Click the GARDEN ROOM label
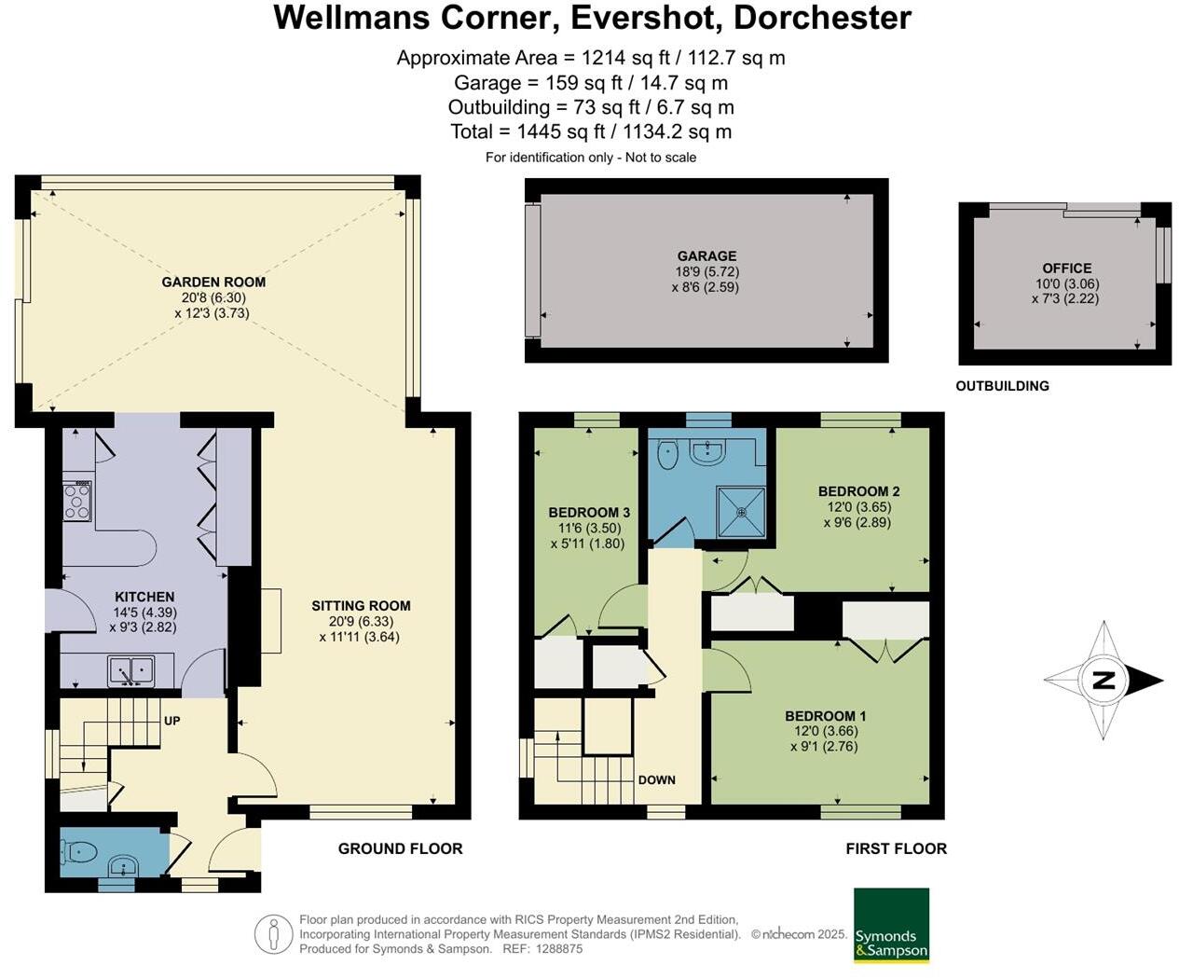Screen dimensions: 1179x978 click(x=213, y=282)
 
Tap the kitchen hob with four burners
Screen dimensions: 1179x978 click(x=77, y=501)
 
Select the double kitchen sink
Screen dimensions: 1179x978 click(x=131, y=671)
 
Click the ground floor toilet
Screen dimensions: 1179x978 click(x=78, y=849)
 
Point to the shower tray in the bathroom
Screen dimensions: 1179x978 click(x=741, y=511)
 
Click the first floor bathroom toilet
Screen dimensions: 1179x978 click(x=667, y=454)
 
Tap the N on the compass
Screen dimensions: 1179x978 click(x=1104, y=681)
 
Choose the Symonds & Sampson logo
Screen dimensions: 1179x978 click(x=892, y=925)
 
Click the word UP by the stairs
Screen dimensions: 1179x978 click(x=171, y=721)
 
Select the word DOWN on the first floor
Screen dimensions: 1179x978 click(x=657, y=779)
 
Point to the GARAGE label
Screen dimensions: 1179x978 click(x=707, y=256)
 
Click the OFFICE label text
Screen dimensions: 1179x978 click(x=1066, y=268)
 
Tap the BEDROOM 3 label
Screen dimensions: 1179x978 click(x=589, y=513)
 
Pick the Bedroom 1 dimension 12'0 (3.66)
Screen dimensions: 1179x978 click(x=825, y=731)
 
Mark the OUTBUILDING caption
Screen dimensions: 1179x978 click(x=1002, y=386)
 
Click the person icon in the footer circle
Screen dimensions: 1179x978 click(x=274, y=934)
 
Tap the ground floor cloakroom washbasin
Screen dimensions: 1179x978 click(x=122, y=865)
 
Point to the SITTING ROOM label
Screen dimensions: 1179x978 click(x=361, y=606)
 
